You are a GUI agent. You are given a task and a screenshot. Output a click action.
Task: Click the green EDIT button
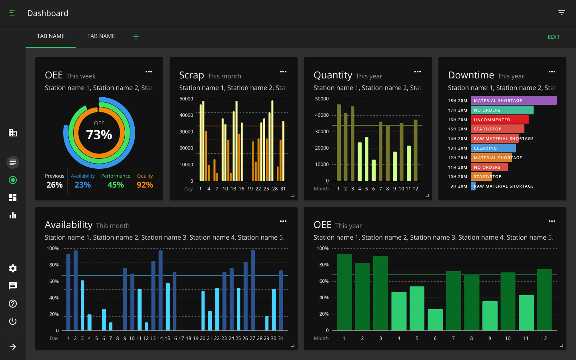tap(554, 37)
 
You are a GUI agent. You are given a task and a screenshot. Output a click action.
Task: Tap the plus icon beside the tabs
tap(136, 37)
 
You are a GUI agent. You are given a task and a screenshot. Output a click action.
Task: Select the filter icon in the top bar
tap(562, 13)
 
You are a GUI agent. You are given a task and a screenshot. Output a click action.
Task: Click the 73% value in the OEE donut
tap(99, 135)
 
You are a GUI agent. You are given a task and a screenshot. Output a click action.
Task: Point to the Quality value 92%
tap(145, 185)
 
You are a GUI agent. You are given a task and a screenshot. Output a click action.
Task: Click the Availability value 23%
tap(83, 185)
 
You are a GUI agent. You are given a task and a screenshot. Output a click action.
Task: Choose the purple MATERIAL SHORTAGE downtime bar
tap(514, 100)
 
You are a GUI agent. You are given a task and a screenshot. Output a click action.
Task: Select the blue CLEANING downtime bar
tap(493, 148)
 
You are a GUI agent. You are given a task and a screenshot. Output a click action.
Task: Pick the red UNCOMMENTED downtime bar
tap(500, 120)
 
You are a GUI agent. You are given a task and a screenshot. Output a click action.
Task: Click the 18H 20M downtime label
tap(458, 101)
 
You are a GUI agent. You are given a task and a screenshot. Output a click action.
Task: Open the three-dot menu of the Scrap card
tap(283, 72)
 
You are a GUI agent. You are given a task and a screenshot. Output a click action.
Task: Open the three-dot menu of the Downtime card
tap(552, 72)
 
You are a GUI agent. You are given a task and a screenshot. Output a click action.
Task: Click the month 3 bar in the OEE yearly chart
tap(380, 293)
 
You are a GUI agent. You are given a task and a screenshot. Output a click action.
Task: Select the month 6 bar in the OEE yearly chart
tap(435, 320)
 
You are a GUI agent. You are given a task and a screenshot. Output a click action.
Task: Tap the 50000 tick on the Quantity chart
tap(322, 99)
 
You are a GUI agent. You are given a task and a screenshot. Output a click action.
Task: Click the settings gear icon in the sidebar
tap(13, 268)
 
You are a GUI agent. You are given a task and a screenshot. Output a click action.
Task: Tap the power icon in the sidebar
tap(13, 321)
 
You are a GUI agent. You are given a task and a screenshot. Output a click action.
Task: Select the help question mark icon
tap(13, 304)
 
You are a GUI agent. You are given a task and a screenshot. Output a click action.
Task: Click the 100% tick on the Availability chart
tap(53, 248)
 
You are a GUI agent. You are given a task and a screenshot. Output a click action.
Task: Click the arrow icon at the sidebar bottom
tap(13, 347)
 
